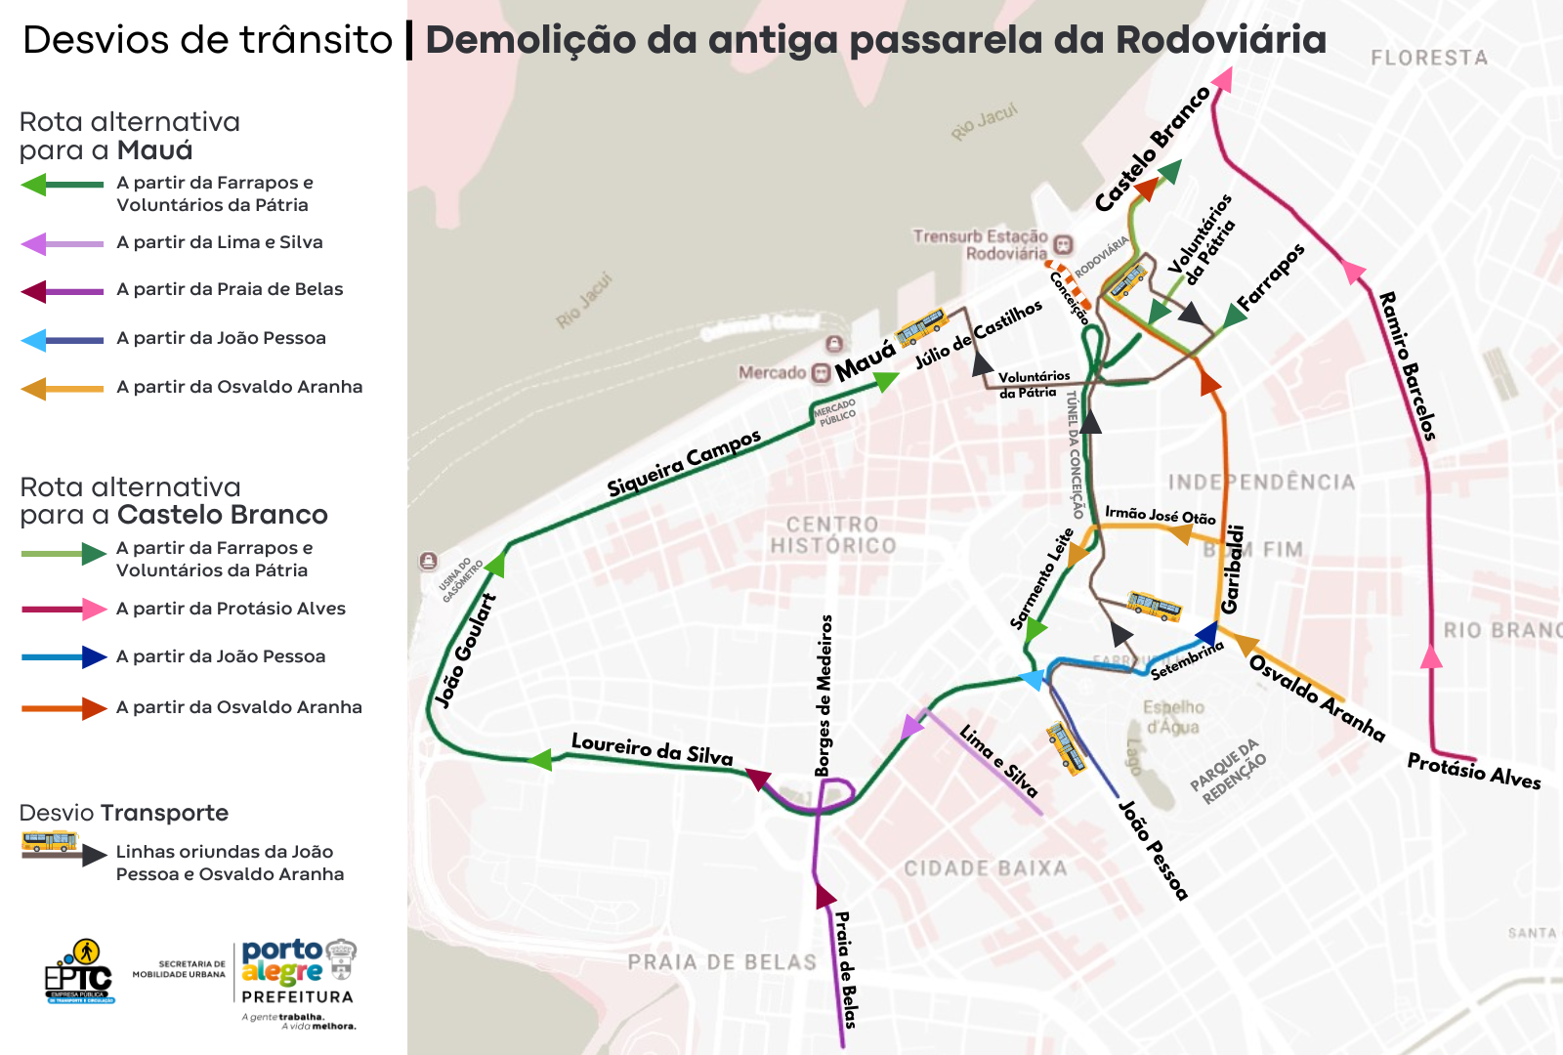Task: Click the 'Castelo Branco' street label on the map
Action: point(1152,148)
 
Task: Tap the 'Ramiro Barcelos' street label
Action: point(1407,365)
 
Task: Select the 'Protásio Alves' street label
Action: point(1473,771)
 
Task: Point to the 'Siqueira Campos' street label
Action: point(683,462)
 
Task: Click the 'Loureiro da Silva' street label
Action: point(652,748)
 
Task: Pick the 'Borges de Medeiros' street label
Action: point(825,696)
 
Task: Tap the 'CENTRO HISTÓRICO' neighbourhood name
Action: point(832,535)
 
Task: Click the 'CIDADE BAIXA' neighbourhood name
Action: point(985,868)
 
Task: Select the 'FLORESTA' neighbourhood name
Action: point(1428,58)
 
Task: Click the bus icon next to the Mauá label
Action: point(921,327)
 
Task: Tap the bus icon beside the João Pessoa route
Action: point(1066,748)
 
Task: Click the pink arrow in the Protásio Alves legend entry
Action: point(95,610)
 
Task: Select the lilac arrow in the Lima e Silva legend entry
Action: point(34,243)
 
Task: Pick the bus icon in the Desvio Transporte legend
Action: point(49,842)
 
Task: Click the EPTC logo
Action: point(79,972)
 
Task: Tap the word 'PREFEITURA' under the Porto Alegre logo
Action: point(297,997)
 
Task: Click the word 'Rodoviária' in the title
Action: point(1220,40)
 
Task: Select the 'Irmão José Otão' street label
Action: point(1160,515)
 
